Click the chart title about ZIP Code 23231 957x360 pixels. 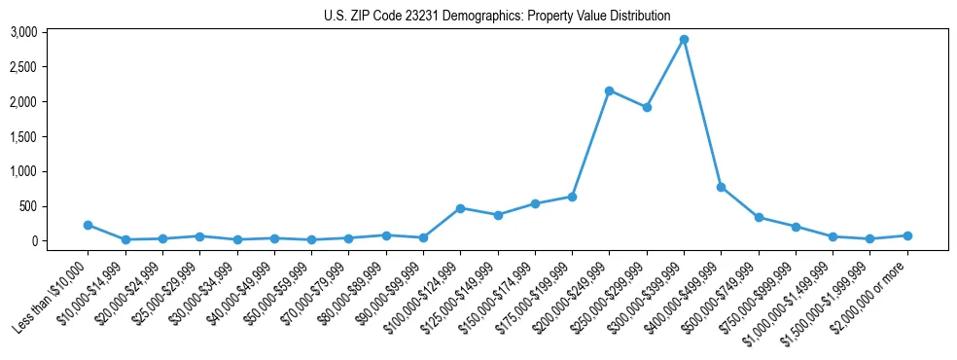click(x=497, y=16)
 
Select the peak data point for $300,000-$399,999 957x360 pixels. click(x=684, y=39)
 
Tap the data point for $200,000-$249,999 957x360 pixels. click(x=609, y=90)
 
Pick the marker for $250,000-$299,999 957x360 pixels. click(x=647, y=107)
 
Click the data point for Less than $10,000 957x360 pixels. click(x=88, y=225)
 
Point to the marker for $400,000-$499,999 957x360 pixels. click(x=721, y=187)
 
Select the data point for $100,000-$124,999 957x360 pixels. click(x=460, y=208)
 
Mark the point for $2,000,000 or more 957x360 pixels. click(x=907, y=235)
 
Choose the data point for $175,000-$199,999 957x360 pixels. click(x=572, y=197)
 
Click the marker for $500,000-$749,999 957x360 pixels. click(x=759, y=218)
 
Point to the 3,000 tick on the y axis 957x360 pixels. click(x=23, y=32)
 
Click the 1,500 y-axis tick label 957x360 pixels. click(x=23, y=137)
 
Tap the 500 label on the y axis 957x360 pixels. click(x=28, y=206)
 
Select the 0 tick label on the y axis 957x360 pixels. click(x=33, y=241)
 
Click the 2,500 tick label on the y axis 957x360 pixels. click(x=23, y=67)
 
